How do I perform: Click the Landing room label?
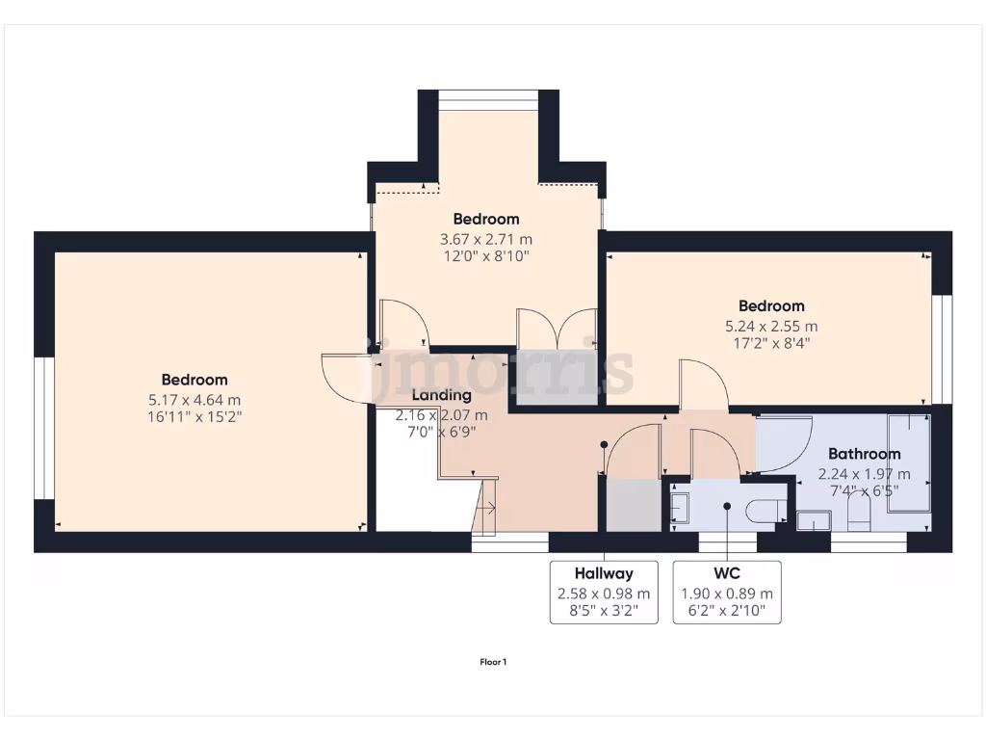coord(442,395)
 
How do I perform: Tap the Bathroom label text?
coord(865,454)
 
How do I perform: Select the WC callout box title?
coord(727,573)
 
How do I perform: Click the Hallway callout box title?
coord(604,573)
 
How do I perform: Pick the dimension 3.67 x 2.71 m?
coord(486,239)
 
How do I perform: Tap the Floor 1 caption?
coord(493,662)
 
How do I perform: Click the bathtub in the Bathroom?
coord(908,462)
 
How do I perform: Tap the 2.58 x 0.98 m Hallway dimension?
coord(604,595)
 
